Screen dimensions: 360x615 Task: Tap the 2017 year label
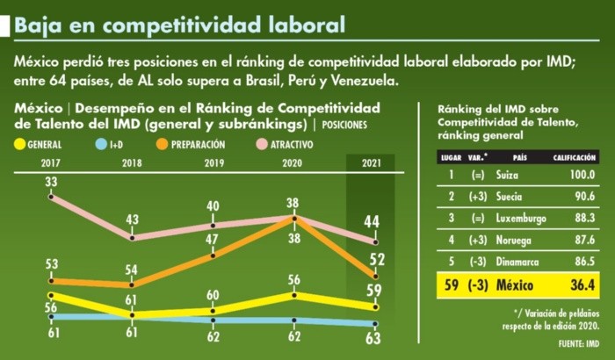tap(51, 162)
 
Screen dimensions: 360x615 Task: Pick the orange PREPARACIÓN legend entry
tap(191, 143)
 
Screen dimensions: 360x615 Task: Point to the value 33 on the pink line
tap(51, 182)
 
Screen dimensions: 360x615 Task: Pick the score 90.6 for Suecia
tap(583, 195)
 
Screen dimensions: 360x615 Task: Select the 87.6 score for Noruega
tap(583, 237)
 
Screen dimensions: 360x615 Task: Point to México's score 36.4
tap(581, 285)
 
